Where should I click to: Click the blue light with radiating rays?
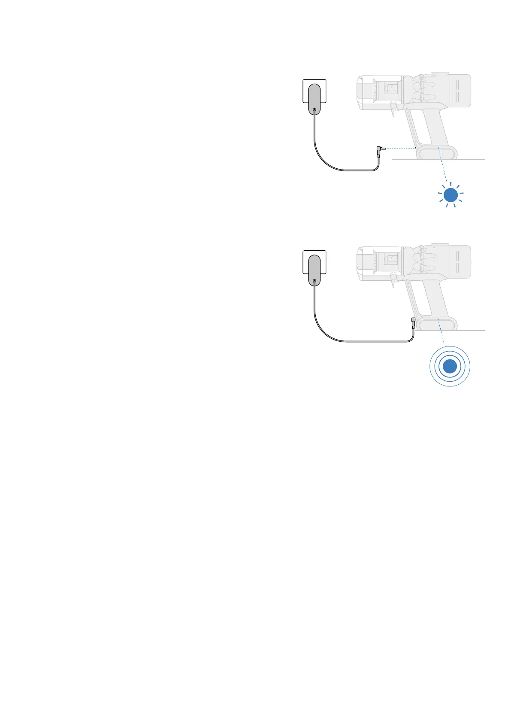click(451, 195)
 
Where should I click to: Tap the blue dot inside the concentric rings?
click(450, 366)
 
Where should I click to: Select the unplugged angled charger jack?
click(379, 149)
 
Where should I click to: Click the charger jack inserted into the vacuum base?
click(413, 322)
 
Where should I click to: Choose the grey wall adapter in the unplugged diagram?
click(314, 99)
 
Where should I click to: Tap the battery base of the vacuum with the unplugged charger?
click(437, 152)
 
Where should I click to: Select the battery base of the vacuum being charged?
click(437, 324)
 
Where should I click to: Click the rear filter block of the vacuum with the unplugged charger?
click(459, 90)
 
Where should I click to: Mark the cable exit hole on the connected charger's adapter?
click(314, 281)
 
